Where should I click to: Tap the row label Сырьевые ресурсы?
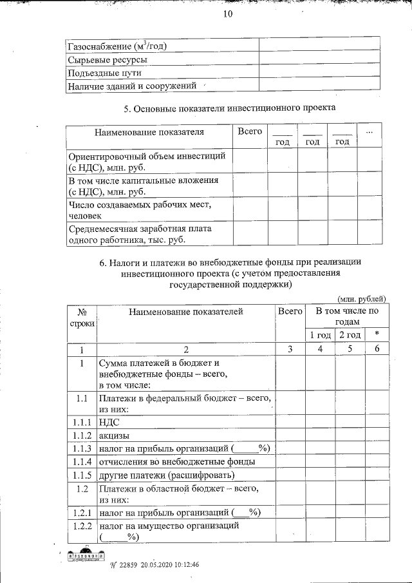pyautogui.click(x=108, y=59)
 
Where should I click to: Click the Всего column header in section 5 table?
pyautogui.click(x=249, y=131)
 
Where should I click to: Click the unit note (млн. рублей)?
pyautogui.click(x=361, y=298)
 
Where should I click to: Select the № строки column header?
pyautogui.click(x=82, y=316)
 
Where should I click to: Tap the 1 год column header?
pyautogui.click(x=319, y=335)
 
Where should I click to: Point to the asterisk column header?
pyautogui.click(x=377, y=335)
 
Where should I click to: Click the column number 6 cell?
pyautogui.click(x=377, y=349)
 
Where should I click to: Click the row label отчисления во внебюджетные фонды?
pyautogui.click(x=177, y=461)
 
